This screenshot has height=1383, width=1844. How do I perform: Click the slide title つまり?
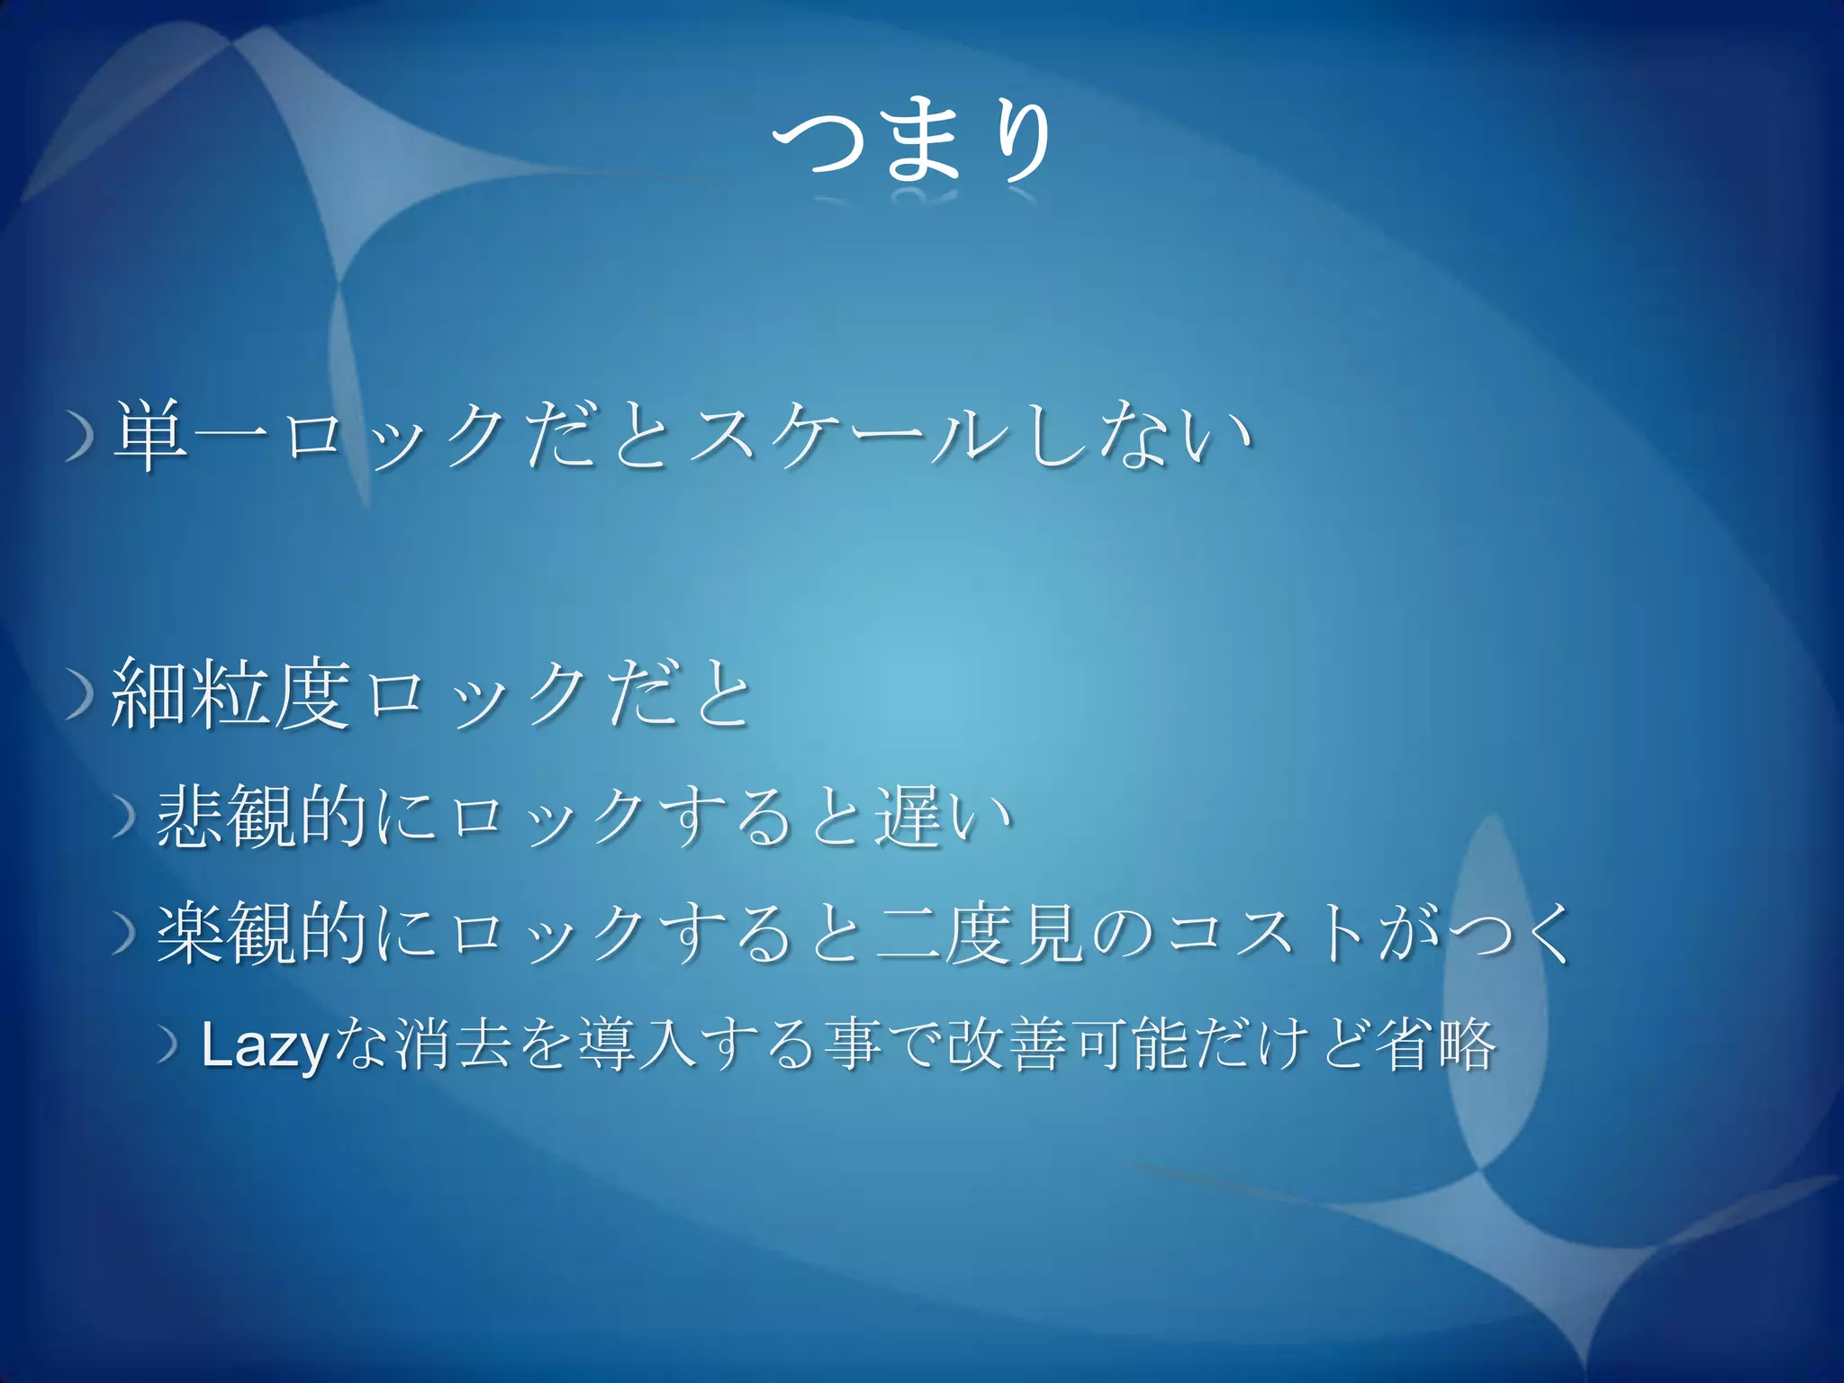(911, 142)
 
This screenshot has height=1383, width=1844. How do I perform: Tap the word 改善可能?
(1068, 1044)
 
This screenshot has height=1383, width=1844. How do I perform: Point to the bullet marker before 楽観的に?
(124, 935)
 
